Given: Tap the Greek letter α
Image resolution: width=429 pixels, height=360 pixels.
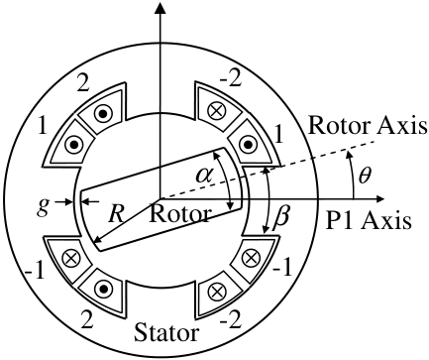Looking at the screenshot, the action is (x=204, y=175).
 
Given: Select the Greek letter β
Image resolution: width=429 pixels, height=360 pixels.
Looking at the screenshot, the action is (x=281, y=219).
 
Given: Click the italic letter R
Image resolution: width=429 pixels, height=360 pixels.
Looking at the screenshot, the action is (x=117, y=213).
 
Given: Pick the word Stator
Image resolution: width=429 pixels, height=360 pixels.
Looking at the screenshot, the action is (x=166, y=333).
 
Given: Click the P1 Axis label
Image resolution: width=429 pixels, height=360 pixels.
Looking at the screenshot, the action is (x=369, y=220).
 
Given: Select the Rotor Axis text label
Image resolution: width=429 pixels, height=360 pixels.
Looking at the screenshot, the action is (x=368, y=126).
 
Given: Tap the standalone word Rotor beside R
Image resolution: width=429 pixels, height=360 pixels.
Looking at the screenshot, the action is (x=180, y=214).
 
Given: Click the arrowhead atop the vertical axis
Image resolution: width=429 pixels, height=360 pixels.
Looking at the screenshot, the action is (x=161, y=7).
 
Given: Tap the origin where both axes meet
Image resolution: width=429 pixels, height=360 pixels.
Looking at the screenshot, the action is (x=161, y=199).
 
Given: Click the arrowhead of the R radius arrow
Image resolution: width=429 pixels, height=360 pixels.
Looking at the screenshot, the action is (x=97, y=241).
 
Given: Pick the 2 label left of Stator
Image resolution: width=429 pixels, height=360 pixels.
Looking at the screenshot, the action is (x=86, y=320).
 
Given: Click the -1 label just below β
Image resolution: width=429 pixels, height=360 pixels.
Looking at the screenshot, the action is (x=282, y=268).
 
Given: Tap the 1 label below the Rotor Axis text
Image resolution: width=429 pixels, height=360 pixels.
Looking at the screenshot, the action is (x=279, y=135).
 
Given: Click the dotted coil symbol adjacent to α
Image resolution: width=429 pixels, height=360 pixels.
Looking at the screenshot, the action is (x=247, y=145).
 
